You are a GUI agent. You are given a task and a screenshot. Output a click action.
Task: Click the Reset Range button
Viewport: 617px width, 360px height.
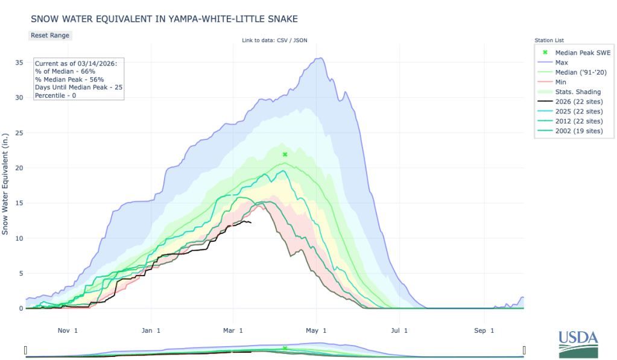[x=50, y=35]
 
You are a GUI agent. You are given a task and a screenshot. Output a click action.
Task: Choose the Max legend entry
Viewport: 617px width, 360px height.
[x=561, y=62]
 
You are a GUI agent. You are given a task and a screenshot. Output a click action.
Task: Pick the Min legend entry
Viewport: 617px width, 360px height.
[x=561, y=81]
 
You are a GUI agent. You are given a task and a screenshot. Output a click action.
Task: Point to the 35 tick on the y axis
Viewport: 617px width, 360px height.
[x=20, y=62]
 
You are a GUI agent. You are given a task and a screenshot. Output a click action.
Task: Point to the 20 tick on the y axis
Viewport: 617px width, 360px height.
[x=20, y=168]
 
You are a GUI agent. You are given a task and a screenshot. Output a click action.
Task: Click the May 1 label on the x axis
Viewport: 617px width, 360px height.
[x=315, y=330]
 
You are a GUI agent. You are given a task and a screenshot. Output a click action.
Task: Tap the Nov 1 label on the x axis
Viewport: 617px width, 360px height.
[x=67, y=330]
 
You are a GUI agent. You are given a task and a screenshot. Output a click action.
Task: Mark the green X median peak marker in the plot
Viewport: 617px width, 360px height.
[x=285, y=154]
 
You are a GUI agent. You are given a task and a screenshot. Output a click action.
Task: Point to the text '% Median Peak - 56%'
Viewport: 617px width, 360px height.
[x=69, y=79]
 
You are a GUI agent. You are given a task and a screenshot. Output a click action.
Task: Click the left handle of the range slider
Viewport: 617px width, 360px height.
[x=26, y=350]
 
